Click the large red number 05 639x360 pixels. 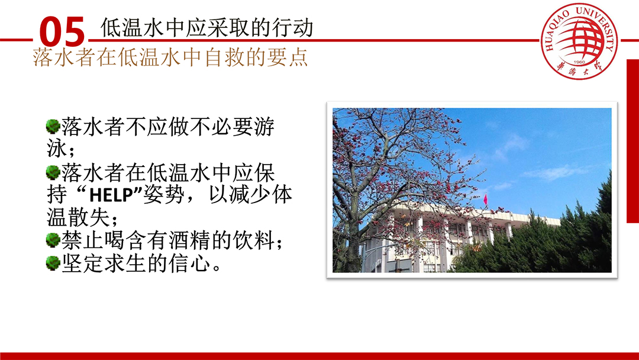pyautogui.click(x=62, y=32)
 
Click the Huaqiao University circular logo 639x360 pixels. pyautogui.click(x=579, y=41)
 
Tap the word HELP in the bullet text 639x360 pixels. pyautogui.click(x=111, y=195)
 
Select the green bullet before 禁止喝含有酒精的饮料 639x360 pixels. pyautogui.click(x=53, y=240)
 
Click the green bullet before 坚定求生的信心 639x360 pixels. pyautogui.click(x=53, y=263)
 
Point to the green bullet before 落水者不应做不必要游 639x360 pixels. pyautogui.click(x=53, y=126)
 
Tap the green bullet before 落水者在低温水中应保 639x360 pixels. pyautogui.click(x=53, y=172)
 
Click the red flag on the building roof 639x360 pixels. pyautogui.click(x=485, y=200)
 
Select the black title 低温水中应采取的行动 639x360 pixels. pyautogui.click(x=207, y=28)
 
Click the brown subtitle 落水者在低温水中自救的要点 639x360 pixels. pyautogui.click(x=170, y=57)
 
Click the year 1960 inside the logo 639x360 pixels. pyautogui.click(x=579, y=62)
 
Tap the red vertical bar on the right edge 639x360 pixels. pyautogui.click(x=632, y=141)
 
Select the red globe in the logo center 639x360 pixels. pyautogui.click(x=579, y=39)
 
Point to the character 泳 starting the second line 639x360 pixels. pyautogui.click(x=57, y=149)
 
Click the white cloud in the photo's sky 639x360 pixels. pyautogui.click(x=555, y=172)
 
